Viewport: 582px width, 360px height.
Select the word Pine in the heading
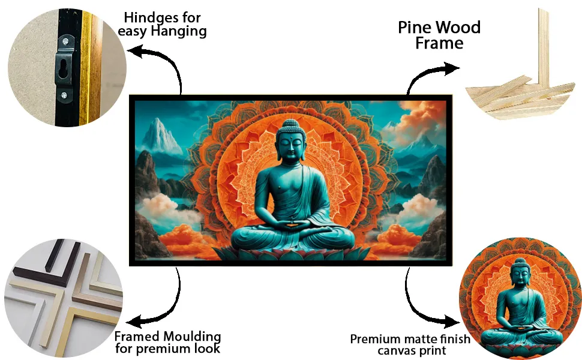pos(415,28)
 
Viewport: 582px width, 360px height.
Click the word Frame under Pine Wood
pos(439,43)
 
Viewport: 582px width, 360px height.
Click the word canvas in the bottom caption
pos(394,351)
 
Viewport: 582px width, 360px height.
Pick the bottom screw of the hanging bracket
pos(64,95)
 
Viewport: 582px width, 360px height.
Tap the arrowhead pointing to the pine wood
pos(452,68)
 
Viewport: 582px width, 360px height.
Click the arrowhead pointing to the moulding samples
pos(134,320)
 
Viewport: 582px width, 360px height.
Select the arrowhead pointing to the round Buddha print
pos(452,322)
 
